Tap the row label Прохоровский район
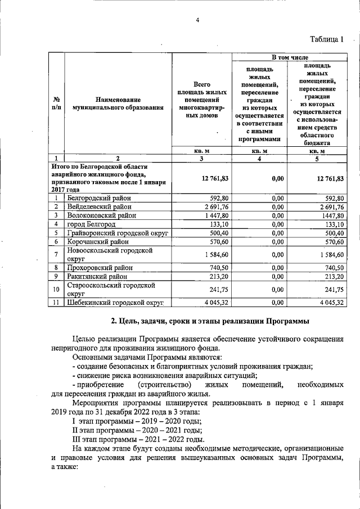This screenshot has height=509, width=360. click(x=99, y=268)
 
